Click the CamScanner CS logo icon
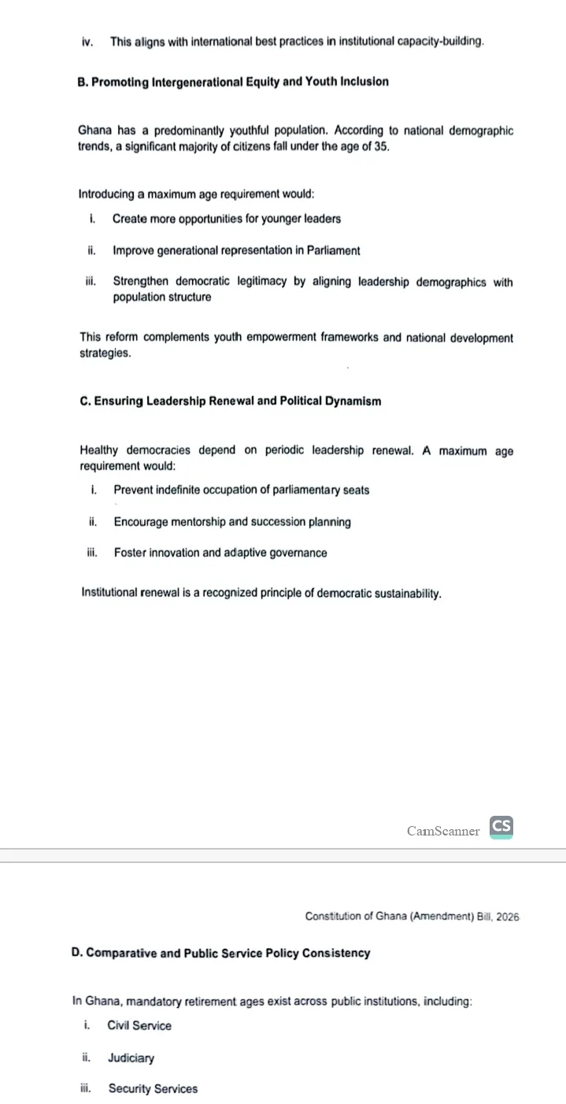tap(501, 827)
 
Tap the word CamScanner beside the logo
tap(443, 831)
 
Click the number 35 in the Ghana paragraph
tap(381, 146)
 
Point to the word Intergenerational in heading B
tap(202, 82)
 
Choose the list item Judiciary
tap(131, 1058)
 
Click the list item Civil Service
tap(139, 1026)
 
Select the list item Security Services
tap(153, 1089)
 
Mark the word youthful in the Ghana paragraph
tap(228, 131)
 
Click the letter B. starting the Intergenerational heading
tap(83, 82)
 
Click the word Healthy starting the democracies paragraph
tap(99, 451)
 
